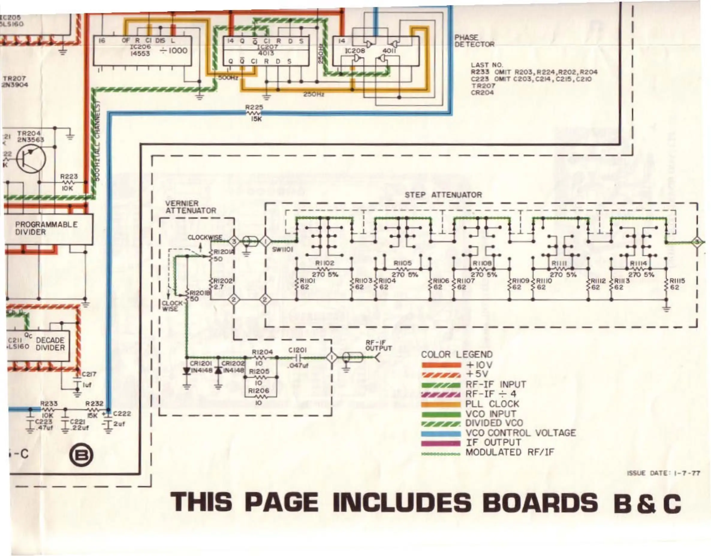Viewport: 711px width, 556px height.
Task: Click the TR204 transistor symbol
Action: coord(31,159)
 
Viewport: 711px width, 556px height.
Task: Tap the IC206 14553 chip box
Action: coord(142,51)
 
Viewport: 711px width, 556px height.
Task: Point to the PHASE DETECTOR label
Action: coord(474,41)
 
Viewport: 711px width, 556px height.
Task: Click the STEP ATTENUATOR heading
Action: coord(443,195)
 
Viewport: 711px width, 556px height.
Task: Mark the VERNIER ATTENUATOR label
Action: coord(191,207)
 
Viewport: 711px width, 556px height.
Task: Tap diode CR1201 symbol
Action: coord(187,371)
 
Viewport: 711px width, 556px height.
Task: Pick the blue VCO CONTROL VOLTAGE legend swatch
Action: coord(441,433)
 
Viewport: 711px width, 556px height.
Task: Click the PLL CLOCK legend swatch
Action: coord(441,404)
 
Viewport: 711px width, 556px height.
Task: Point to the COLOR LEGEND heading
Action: coord(457,354)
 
